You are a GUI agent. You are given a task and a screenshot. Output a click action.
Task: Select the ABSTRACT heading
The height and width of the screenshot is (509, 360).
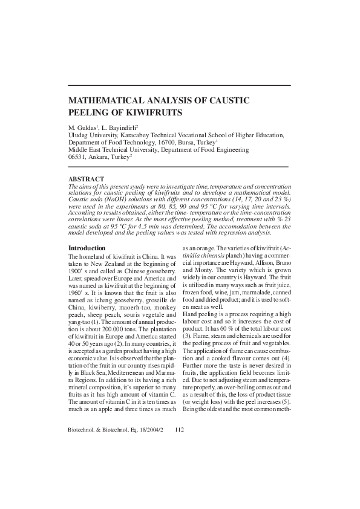pos(87,179)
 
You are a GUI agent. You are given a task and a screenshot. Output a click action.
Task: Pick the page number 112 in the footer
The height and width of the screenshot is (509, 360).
pos(178,464)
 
